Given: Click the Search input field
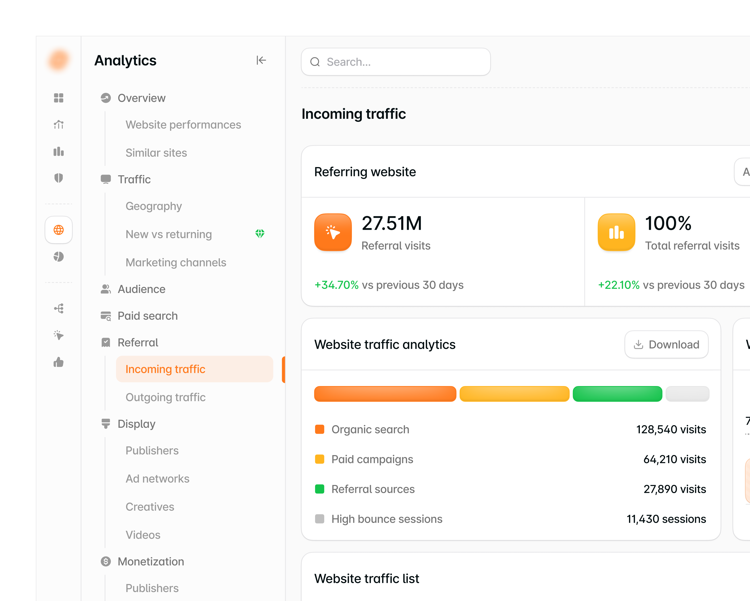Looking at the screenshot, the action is (x=396, y=62).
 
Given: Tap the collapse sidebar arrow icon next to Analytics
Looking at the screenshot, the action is (x=261, y=61).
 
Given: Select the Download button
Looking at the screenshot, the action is (x=666, y=345).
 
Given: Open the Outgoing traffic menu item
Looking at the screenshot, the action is (x=166, y=397).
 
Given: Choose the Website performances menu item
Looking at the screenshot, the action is (x=183, y=125).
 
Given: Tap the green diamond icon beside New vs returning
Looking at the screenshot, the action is (x=260, y=234).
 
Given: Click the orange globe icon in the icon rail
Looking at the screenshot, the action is (x=59, y=230).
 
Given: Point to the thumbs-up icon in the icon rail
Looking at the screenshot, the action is (x=59, y=362).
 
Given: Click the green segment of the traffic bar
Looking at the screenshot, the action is (x=617, y=394).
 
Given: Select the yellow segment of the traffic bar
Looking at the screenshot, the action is (x=514, y=394).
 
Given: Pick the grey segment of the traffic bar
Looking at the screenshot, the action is (x=687, y=394).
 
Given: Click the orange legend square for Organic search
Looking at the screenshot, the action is (x=320, y=429).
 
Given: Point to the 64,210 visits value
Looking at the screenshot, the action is (x=675, y=459).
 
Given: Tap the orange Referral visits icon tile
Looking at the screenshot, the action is (x=333, y=232).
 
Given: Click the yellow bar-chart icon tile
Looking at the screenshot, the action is (x=617, y=232).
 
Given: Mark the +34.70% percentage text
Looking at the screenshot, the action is (x=336, y=285).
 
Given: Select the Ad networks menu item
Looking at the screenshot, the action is (x=158, y=479).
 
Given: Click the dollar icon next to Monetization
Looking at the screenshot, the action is (x=106, y=561).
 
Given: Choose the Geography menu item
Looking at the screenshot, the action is (x=154, y=206).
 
